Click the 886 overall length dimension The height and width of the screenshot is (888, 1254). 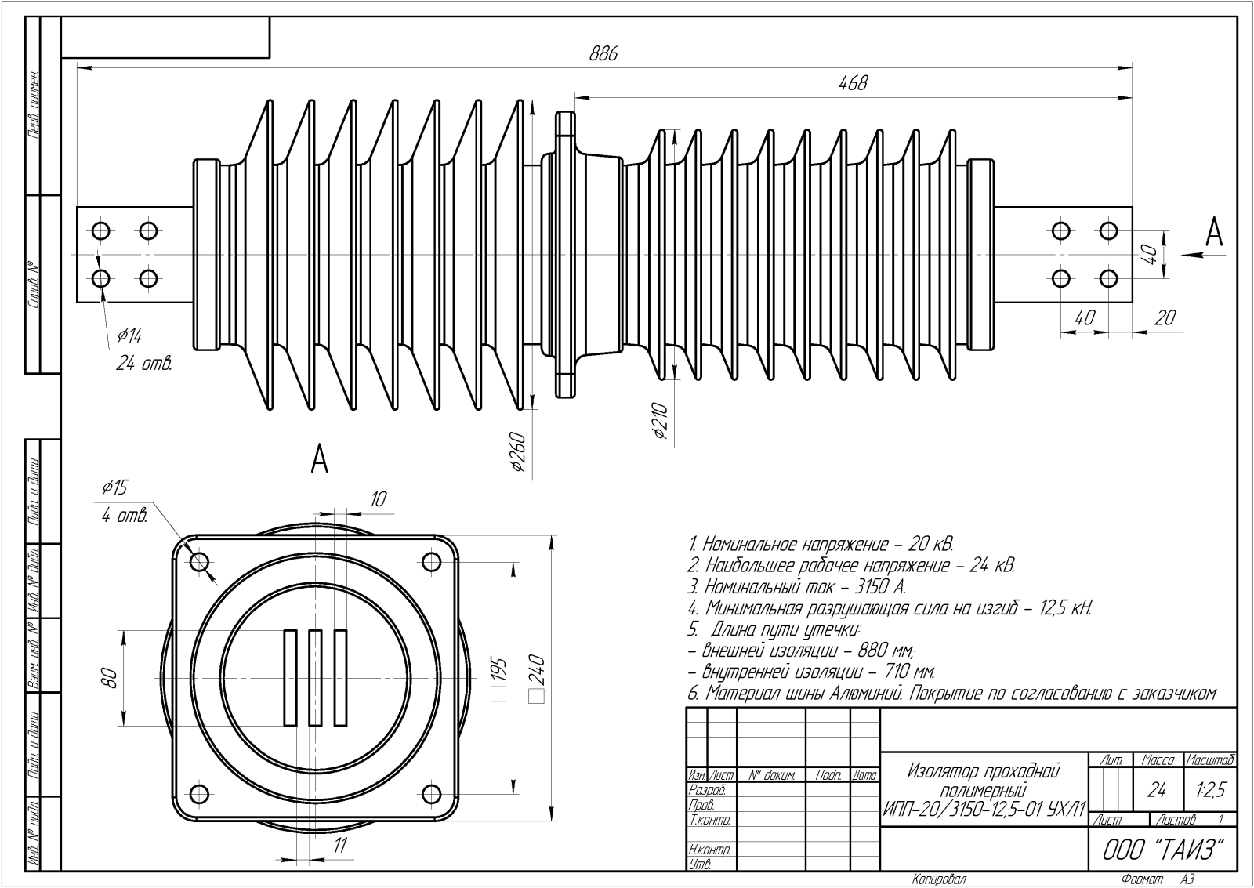click(x=603, y=54)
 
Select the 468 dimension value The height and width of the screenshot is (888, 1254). click(x=853, y=83)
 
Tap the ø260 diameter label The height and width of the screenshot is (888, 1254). click(x=516, y=451)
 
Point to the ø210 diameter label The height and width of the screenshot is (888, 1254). click(x=659, y=422)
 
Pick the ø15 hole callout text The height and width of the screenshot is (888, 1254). click(x=114, y=488)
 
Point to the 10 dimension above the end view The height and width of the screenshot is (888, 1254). click(x=378, y=498)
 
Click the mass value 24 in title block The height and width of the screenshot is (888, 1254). click(x=1157, y=790)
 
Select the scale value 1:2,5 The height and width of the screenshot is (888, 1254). click(x=1210, y=790)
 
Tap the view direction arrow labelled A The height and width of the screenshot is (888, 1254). click(x=1194, y=252)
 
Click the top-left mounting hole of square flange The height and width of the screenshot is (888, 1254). click(x=199, y=562)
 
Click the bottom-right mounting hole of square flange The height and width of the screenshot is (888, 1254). click(x=431, y=791)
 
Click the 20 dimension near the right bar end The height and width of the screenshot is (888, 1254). click(x=1165, y=317)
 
